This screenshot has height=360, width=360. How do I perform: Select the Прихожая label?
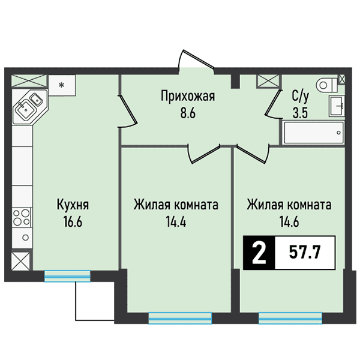(187, 95)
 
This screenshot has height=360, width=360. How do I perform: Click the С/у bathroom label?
(301, 95)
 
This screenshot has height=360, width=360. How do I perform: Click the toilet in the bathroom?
(325, 84)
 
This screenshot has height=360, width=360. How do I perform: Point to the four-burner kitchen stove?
(21, 218)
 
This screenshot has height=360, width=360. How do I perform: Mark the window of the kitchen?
(67, 275)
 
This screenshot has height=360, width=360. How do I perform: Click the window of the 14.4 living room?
(181, 318)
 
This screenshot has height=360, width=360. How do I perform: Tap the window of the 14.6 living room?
(290, 318)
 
